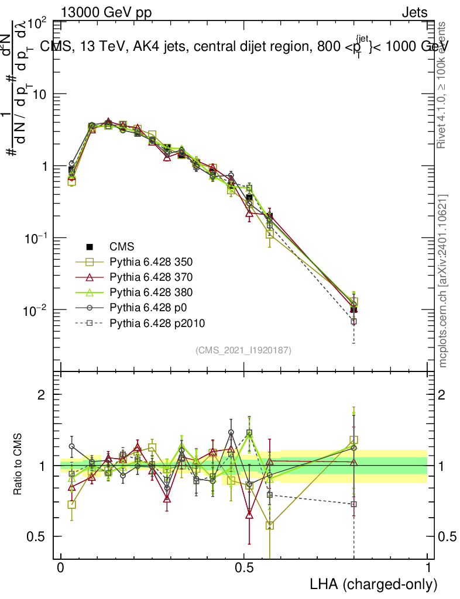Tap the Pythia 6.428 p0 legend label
point(147,308)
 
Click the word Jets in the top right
point(414,13)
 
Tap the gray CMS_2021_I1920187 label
point(243,350)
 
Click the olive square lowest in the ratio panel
point(270,525)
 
